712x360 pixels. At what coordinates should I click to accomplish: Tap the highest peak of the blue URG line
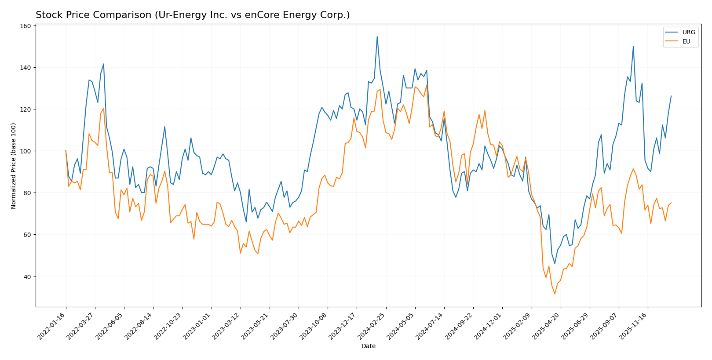(377, 36)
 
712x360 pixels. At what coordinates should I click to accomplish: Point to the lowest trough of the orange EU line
(555, 294)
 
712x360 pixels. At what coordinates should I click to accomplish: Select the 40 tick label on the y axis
(28, 276)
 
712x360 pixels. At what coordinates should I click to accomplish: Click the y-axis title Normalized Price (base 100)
(14, 166)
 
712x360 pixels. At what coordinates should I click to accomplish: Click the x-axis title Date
(368, 346)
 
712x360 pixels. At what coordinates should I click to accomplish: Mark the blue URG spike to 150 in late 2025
(633, 46)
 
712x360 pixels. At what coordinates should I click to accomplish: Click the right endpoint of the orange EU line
(671, 203)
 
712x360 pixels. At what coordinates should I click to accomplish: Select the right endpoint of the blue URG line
(671, 96)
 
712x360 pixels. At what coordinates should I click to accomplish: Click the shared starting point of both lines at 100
(66, 151)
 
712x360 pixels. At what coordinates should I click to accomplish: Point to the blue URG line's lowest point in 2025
(555, 264)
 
